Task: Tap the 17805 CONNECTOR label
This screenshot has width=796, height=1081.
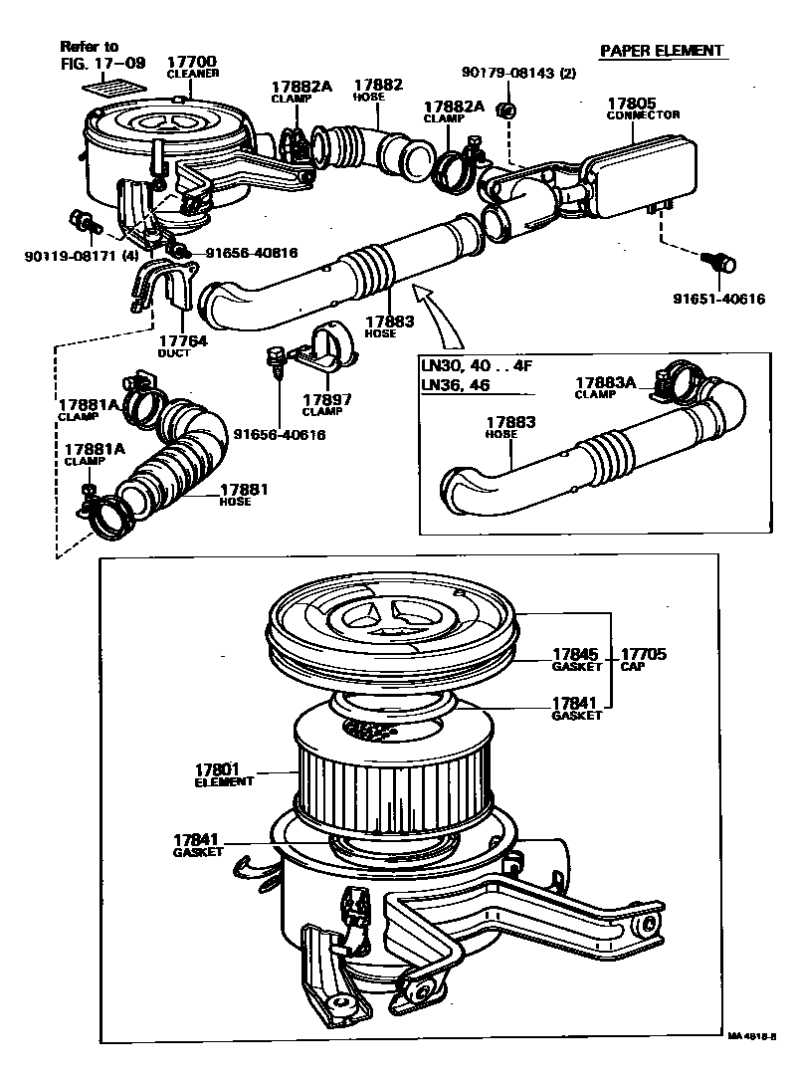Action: [643, 107]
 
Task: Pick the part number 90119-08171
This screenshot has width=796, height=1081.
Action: [66, 256]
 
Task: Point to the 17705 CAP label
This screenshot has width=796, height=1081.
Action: [644, 659]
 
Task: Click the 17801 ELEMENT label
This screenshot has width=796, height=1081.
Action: [222, 774]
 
